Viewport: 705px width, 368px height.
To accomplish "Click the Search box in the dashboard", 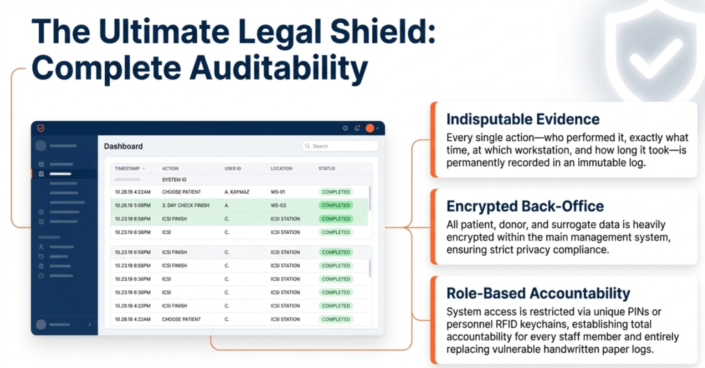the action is coord(340,146).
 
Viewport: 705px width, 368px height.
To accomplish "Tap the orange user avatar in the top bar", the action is coord(370,128).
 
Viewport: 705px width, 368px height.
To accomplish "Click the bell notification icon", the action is coord(357,128).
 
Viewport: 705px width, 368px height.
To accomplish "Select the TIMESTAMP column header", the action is coord(127,169).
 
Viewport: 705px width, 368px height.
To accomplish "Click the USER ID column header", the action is coord(233,169).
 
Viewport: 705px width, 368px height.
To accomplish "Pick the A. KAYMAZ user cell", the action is coord(237,192).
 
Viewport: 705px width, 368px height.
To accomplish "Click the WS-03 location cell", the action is coord(278,205).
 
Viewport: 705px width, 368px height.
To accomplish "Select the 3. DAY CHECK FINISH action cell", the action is coord(186,205).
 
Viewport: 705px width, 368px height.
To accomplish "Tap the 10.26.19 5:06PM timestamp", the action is coord(133,205).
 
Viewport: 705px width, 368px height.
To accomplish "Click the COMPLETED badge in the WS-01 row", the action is coord(336,192).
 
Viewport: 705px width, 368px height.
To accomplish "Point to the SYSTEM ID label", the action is coord(174,180).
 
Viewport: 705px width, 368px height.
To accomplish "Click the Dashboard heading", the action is coord(123,146).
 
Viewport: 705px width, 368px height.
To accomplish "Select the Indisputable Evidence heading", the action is coord(523,119).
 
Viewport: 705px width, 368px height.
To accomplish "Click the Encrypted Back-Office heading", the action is coord(525,206).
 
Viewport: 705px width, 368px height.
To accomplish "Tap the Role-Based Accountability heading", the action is coord(538,294).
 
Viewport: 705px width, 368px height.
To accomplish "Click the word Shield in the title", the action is coord(383,32).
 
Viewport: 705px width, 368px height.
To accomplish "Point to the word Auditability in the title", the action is coord(279,68).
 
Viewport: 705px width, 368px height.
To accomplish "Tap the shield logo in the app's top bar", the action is coord(41,128).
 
